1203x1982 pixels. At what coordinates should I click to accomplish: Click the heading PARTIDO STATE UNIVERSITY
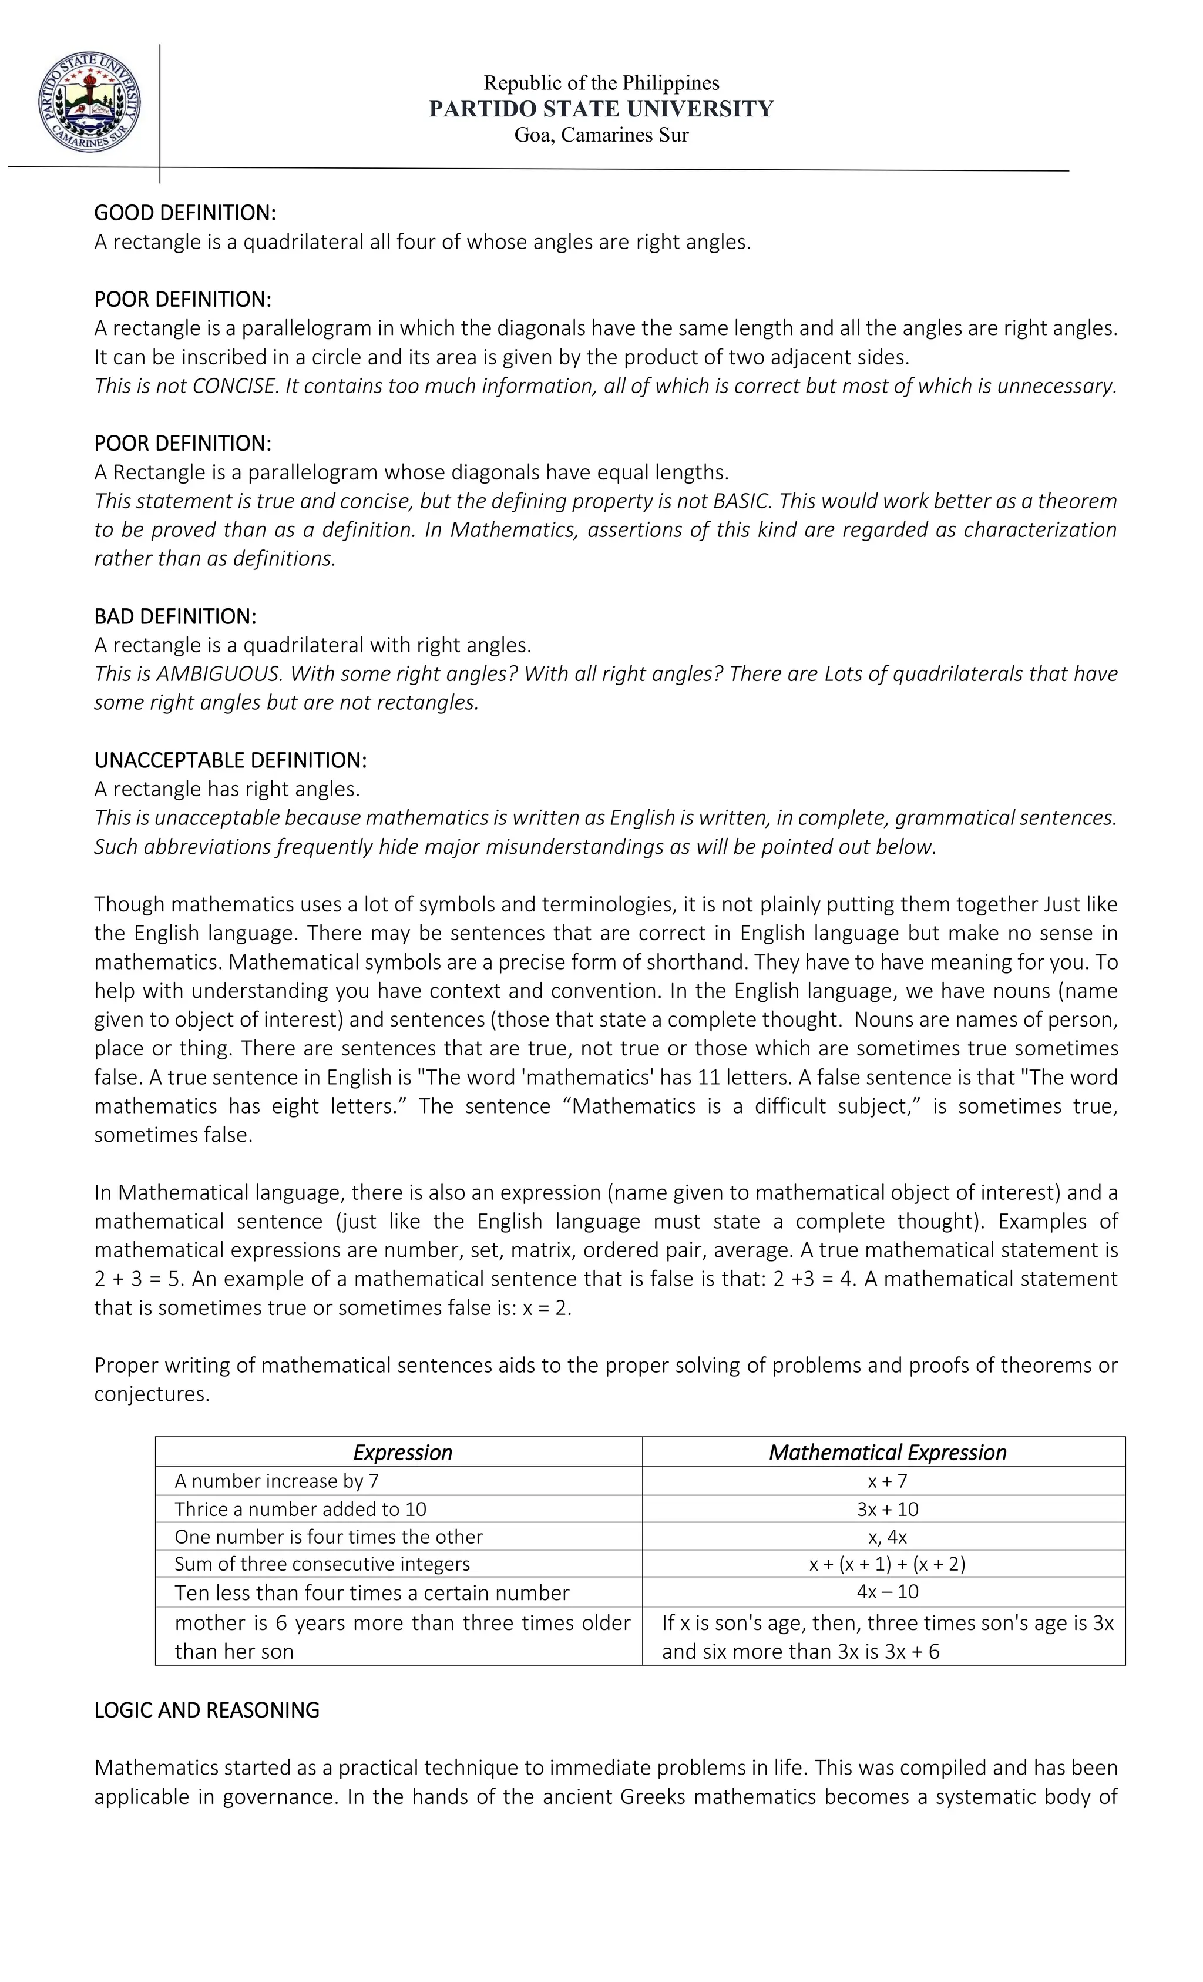click(601, 109)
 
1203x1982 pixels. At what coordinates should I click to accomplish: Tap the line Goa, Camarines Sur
click(601, 135)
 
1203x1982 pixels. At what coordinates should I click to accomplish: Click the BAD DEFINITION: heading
click(174, 616)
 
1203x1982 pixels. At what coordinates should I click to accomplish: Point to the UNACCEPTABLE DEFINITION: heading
click(230, 760)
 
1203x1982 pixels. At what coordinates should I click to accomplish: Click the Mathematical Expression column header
click(887, 1452)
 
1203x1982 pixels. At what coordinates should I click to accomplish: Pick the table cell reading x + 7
click(887, 1481)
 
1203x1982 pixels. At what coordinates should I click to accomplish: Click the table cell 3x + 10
click(887, 1509)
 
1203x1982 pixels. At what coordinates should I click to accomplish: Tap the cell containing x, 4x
click(887, 1537)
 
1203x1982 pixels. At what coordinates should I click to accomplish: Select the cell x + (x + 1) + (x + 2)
click(887, 1564)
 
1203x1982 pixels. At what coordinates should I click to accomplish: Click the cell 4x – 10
click(887, 1592)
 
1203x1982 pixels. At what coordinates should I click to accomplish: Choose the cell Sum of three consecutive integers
click(322, 1564)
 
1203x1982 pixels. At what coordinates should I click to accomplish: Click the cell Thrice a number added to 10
click(300, 1509)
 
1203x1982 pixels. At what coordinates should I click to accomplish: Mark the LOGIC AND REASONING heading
click(207, 1710)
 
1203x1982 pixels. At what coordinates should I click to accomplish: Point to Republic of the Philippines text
click(601, 83)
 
